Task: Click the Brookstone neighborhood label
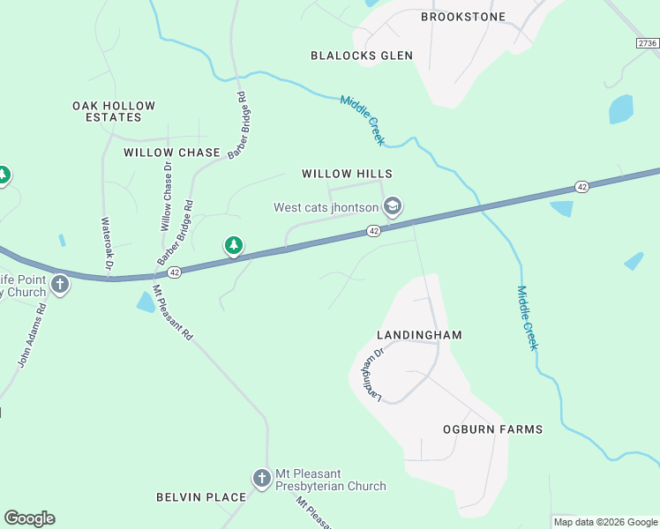click(x=463, y=17)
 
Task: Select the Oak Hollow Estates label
click(x=114, y=111)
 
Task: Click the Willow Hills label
click(x=347, y=174)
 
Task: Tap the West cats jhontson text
click(x=326, y=208)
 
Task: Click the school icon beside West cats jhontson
click(x=393, y=207)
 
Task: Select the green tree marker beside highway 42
click(x=233, y=245)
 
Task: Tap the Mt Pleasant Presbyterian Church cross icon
click(x=262, y=479)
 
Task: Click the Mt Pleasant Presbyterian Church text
click(x=331, y=480)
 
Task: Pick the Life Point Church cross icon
click(x=60, y=284)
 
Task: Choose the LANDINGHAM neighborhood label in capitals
click(x=419, y=335)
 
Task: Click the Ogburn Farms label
click(x=492, y=429)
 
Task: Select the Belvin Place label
click(x=201, y=497)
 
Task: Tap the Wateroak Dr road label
click(x=106, y=243)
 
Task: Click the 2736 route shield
click(x=648, y=43)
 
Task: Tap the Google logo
click(x=29, y=518)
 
